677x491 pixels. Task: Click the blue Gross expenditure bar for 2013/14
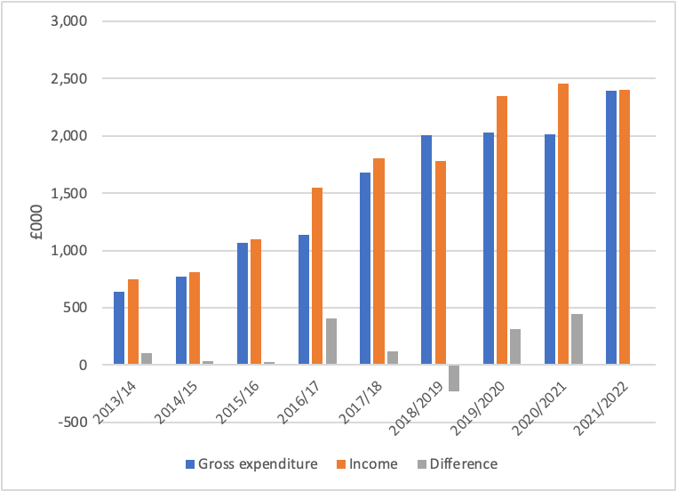pos(119,328)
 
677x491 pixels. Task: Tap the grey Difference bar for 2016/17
pos(331,342)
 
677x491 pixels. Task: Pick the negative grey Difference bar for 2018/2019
pos(454,378)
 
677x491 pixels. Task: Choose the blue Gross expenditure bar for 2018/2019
pos(426,250)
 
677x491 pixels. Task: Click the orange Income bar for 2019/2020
pos(502,230)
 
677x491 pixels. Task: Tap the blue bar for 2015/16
pos(243,303)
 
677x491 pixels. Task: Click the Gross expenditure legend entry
pos(251,463)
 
